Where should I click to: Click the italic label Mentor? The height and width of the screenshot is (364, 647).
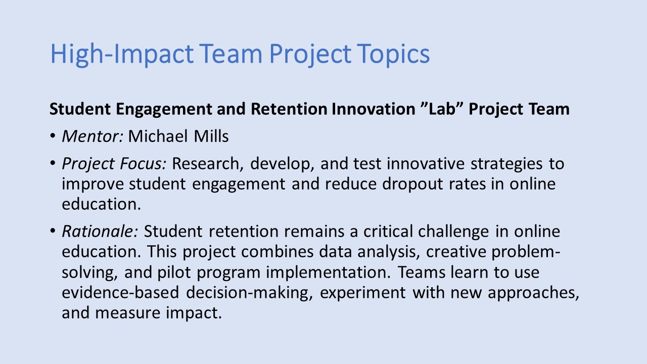tap(93, 136)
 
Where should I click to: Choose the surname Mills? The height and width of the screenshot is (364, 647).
tap(211, 136)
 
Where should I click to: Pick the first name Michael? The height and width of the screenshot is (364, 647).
tap(158, 136)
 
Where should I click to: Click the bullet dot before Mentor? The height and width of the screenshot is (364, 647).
tap(53, 135)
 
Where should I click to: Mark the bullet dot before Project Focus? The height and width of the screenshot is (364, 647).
tap(53, 163)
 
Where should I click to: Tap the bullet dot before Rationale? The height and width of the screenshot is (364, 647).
tap(53, 231)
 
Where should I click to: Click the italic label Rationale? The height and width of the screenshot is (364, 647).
tap(100, 232)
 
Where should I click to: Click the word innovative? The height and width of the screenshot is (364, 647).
tap(426, 163)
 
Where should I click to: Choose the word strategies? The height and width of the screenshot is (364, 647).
tap(506, 164)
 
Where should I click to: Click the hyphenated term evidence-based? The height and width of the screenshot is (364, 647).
tap(120, 292)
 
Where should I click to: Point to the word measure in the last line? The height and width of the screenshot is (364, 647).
tap(128, 313)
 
